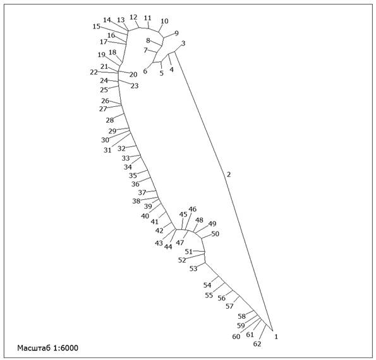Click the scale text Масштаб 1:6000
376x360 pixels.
(48, 348)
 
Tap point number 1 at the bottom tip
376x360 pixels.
(276, 337)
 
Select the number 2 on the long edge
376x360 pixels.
(229, 175)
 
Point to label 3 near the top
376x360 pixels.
(183, 44)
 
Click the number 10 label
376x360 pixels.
(164, 21)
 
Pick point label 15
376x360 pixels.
(97, 27)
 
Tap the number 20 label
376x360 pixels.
(133, 75)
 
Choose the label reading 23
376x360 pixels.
(135, 86)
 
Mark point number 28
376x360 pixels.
(110, 120)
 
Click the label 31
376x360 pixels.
(107, 150)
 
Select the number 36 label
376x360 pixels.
(135, 184)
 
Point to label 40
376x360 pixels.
(145, 216)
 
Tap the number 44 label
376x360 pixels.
(168, 247)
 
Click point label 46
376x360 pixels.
(192, 209)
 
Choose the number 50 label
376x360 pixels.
(215, 233)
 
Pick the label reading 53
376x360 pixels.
(193, 268)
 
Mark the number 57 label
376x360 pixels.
(229, 306)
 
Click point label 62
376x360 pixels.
(257, 344)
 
